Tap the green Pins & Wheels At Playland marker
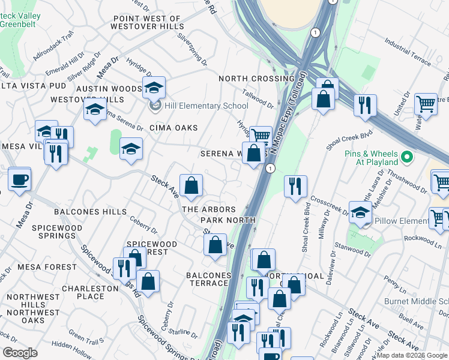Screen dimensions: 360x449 [x=408, y=158]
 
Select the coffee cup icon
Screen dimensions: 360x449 [x=19, y=179]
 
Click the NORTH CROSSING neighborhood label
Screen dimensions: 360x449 [x=256, y=79]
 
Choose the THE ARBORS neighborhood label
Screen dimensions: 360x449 [x=209, y=209]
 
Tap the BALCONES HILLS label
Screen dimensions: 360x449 [x=90, y=212]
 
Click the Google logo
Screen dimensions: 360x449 [x=20, y=352]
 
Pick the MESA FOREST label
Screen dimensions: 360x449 [x=47, y=267]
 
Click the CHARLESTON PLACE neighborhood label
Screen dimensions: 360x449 [x=90, y=292]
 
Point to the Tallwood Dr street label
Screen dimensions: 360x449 [x=258, y=97]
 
